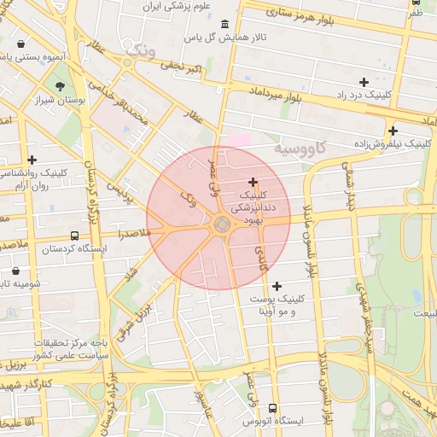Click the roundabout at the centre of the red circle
pyautogui.click(x=221, y=224)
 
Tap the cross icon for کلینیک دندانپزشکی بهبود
pyautogui.click(x=253, y=182)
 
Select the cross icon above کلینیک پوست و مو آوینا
pyautogui.click(x=277, y=285)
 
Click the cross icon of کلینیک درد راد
pyautogui.click(x=364, y=82)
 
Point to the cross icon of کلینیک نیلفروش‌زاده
pyautogui.click(x=393, y=131)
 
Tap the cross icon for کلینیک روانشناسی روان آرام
pyautogui.click(x=32, y=160)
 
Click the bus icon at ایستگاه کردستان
pyautogui.click(x=74, y=236)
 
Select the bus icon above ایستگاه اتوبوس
pyautogui.click(x=272, y=408)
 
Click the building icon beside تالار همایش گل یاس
pyautogui.click(x=224, y=24)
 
